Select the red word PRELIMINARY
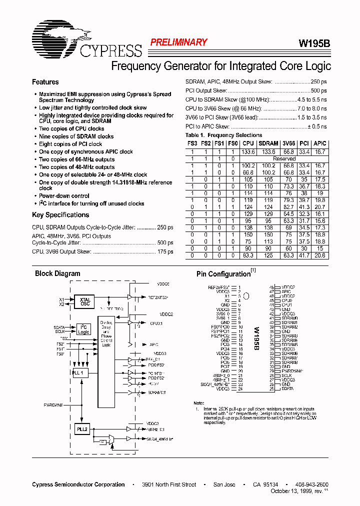coord(178,42)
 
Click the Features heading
coord(45,82)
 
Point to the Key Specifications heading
coord(60,215)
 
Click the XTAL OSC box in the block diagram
coord(85,302)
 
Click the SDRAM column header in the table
coord(268,143)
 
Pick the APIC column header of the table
coord(320,143)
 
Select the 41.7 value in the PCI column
coord(304,255)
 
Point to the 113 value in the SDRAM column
coord(268,241)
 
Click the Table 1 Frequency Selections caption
coord(223,135)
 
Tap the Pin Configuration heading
coord(223,274)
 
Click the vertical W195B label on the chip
coord(256,338)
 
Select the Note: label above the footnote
coord(199,403)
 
